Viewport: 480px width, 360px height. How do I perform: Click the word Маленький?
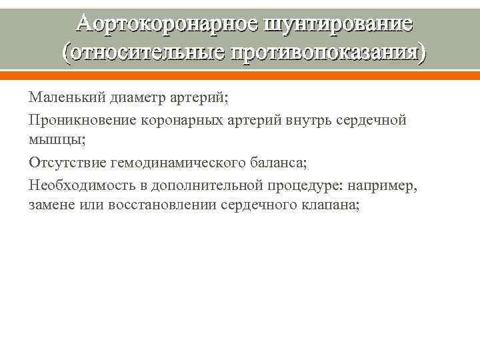(x=61, y=98)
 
